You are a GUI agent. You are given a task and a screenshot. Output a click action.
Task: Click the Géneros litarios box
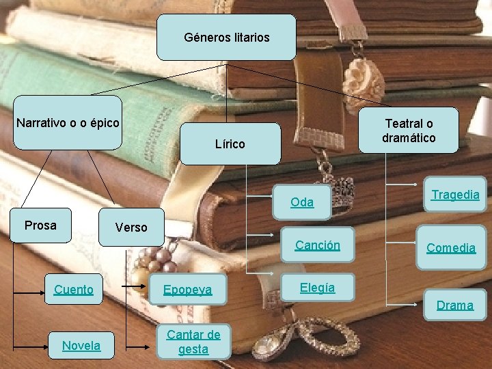point(226,38)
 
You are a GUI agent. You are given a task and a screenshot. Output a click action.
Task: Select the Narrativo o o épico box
point(68,123)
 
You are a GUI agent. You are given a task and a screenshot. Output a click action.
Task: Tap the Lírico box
point(230,143)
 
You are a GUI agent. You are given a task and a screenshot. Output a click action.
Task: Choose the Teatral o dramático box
point(409,131)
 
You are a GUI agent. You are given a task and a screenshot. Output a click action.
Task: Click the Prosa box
point(40,225)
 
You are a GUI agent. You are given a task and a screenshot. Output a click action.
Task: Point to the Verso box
point(131,227)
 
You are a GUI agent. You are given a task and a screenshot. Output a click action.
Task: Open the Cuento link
point(74,289)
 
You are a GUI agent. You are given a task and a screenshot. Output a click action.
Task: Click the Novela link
point(81,346)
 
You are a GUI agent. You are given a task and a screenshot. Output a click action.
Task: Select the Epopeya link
point(187,290)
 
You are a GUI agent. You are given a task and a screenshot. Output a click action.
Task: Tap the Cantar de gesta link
point(193,342)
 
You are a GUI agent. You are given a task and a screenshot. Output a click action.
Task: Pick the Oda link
point(302,202)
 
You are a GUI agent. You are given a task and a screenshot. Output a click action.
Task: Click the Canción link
point(317,245)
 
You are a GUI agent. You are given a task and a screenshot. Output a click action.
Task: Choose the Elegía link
point(317,288)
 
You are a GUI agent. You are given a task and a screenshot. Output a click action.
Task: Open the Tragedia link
point(455,194)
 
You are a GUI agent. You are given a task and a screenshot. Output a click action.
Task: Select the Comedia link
point(451,247)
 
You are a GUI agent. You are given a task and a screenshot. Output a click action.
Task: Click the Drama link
point(455,305)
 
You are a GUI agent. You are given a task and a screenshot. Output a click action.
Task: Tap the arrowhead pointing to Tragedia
point(417,184)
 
